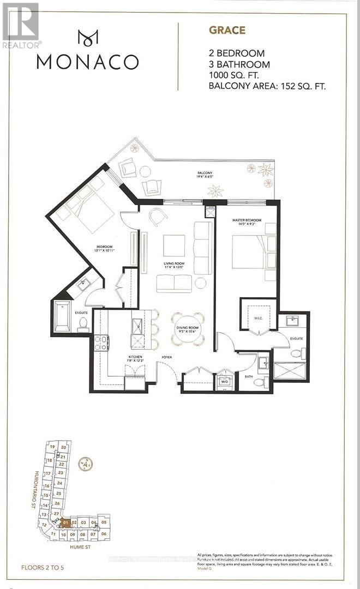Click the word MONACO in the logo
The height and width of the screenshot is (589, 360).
pos(87,62)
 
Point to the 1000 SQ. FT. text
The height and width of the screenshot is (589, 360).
pos(232,75)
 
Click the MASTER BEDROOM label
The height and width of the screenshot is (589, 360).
pos(247,220)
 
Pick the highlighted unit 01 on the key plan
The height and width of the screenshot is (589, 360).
pos(65,522)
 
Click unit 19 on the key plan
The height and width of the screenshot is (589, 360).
pos(53,447)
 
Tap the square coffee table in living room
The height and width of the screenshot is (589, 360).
pos(174,245)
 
